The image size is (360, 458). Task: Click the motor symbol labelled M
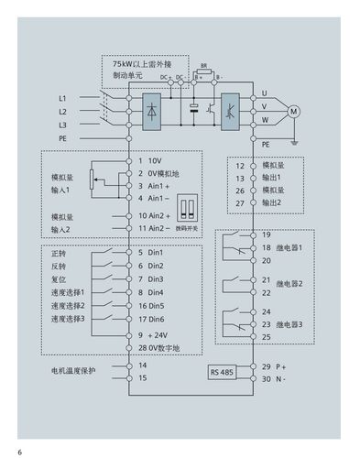[294, 111]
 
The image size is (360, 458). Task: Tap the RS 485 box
[222, 373]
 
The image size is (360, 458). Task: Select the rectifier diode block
[151, 109]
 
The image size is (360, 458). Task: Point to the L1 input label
[62, 96]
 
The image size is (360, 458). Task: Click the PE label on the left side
[62, 136]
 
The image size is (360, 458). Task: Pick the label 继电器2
[290, 283]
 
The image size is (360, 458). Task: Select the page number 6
[18, 451]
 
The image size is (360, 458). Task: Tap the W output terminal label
[265, 120]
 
